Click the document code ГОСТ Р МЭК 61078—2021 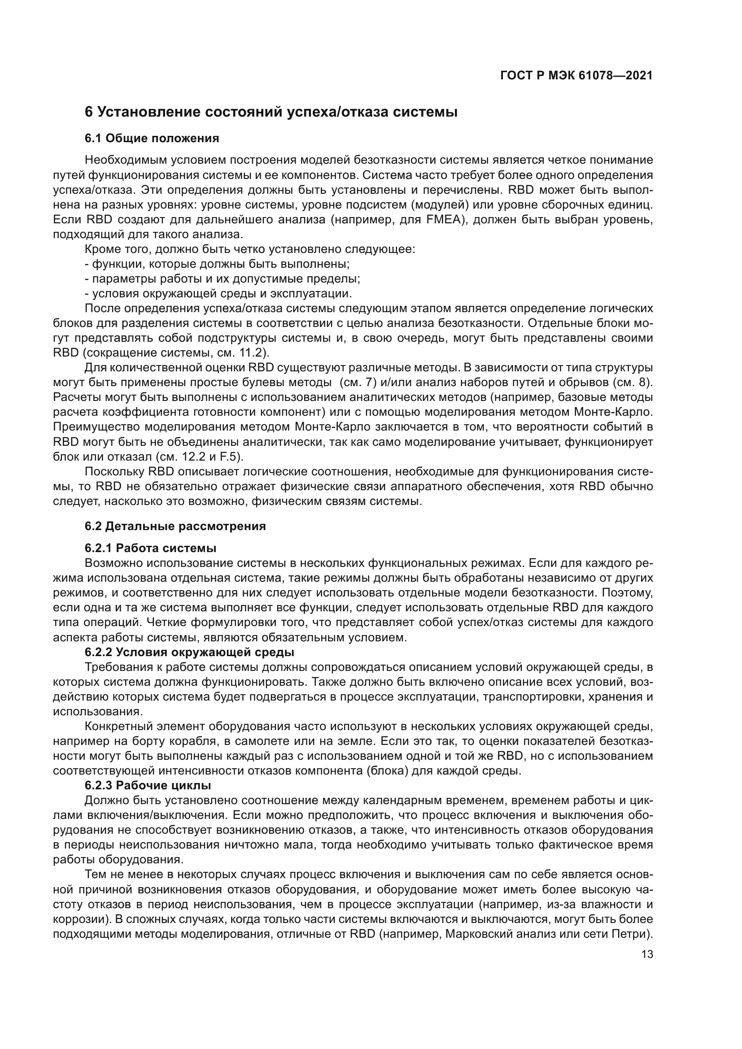pos(576,76)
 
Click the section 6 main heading pos(271,112)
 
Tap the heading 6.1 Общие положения pos(152,138)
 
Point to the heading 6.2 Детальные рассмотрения pos(175,526)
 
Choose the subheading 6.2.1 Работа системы pos(150,548)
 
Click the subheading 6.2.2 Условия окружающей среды pos(189,652)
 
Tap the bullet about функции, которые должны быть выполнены pos(218,264)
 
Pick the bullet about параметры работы pos(223,278)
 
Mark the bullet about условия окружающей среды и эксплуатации pos(218,293)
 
